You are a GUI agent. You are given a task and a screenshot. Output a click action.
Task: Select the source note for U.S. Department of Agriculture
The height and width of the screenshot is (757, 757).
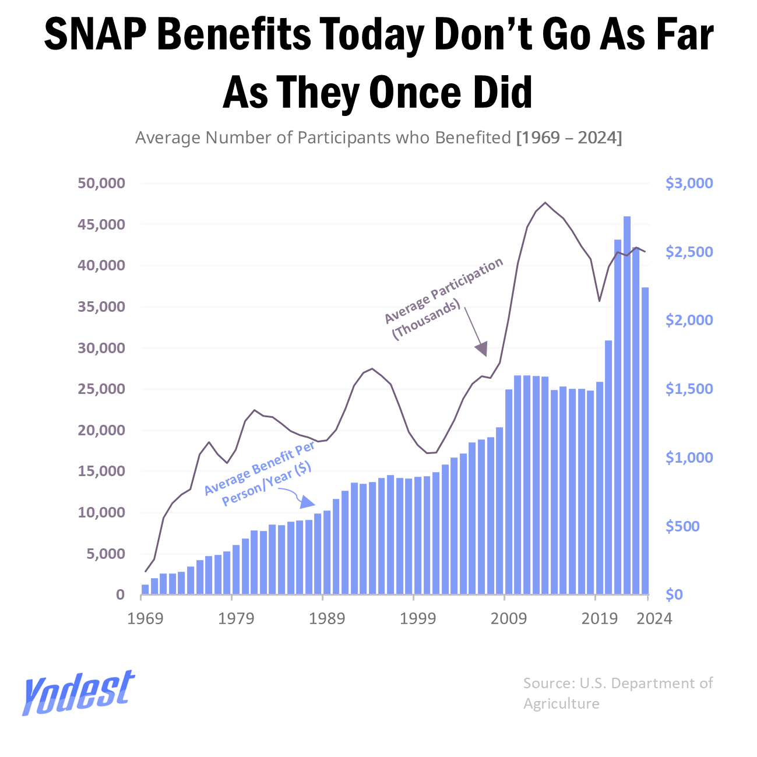(617, 693)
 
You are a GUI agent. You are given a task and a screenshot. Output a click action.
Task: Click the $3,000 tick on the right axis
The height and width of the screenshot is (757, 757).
(689, 183)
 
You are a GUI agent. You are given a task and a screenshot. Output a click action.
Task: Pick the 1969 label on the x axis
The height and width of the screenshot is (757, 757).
(145, 618)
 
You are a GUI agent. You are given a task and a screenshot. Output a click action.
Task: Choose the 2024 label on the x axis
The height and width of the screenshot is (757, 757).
(654, 618)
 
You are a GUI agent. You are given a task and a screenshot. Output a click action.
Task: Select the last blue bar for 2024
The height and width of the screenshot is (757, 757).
(645, 441)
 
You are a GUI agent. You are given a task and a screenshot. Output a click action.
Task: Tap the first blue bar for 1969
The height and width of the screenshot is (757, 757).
(145, 589)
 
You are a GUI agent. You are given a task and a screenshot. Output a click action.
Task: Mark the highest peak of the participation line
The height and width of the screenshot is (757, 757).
(545, 203)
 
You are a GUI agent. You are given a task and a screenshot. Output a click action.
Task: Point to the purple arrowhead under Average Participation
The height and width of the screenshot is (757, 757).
(481, 349)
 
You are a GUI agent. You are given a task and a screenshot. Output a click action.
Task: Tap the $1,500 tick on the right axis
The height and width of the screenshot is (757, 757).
(689, 389)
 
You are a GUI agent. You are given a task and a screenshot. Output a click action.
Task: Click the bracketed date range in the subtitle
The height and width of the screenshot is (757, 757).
(569, 138)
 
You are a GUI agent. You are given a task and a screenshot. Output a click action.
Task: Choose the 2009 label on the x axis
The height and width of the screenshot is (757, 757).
(508, 618)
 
